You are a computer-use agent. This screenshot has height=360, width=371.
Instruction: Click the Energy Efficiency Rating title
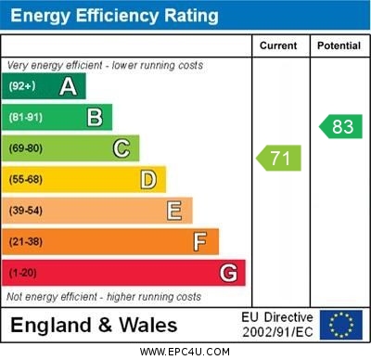pyautogui.click(x=114, y=16)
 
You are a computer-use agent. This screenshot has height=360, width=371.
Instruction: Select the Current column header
pyautogui.click(x=278, y=45)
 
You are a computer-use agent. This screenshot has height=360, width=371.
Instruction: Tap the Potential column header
pyautogui.click(x=338, y=45)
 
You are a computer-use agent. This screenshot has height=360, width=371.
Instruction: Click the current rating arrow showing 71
pyautogui.click(x=279, y=158)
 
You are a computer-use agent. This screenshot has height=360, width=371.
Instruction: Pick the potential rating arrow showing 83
pyautogui.click(x=339, y=126)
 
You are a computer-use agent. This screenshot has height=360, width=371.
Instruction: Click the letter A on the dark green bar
pyautogui.click(x=68, y=86)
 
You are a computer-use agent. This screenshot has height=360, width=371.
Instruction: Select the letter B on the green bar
pyautogui.click(x=95, y=117)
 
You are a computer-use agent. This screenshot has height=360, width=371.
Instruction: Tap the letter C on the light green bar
pyautogui.click(x=122, y=148)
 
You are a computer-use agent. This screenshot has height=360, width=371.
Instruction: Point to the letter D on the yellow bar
pyautogui.click(x=148, y=179)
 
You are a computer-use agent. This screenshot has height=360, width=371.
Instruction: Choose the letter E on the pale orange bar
pyautogui.click(x=174, y=211)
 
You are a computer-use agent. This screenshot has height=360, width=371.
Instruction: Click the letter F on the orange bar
pyautogui.click(x=200, y=241)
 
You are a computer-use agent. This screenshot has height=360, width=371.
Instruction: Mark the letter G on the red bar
pyautogui.click(x=228, y=273)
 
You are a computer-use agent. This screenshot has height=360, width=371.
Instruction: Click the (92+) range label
pyautogui.click(x=22, y=86)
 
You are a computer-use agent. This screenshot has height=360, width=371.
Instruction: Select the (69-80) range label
pyautogui.click(x=26, y=148)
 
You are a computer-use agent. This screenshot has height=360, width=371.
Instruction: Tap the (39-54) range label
pyautogui.click(x=26, y=211)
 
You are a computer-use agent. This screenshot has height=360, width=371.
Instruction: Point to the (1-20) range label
pyautogui.click(x=23, y=273)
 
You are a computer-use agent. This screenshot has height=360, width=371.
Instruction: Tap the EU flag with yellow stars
pyautogui.click(x=341, y=325)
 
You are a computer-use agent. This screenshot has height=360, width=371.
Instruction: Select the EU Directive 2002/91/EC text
pyautogui.click(x=278, y=325)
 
